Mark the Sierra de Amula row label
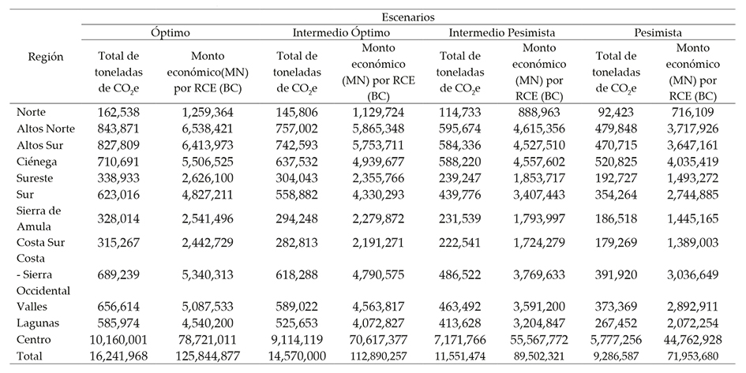point(42,218)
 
